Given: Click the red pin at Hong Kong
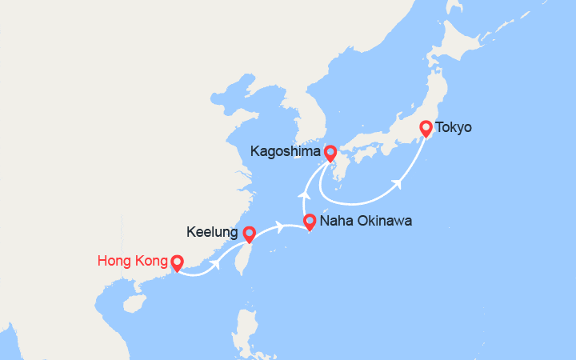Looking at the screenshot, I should [177, 262].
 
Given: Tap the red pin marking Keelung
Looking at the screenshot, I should [249, 234].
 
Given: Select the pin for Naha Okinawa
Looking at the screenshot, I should [310, 222].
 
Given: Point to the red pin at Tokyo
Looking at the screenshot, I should [426, 128].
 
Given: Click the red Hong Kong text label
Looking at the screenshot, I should [131, 261].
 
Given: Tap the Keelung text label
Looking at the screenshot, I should [212, 233].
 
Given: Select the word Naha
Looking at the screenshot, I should [335, 221].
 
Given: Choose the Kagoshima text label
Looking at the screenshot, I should [285, 150].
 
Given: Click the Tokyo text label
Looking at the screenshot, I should [454, 127].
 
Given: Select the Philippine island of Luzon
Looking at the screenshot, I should [245, 328].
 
